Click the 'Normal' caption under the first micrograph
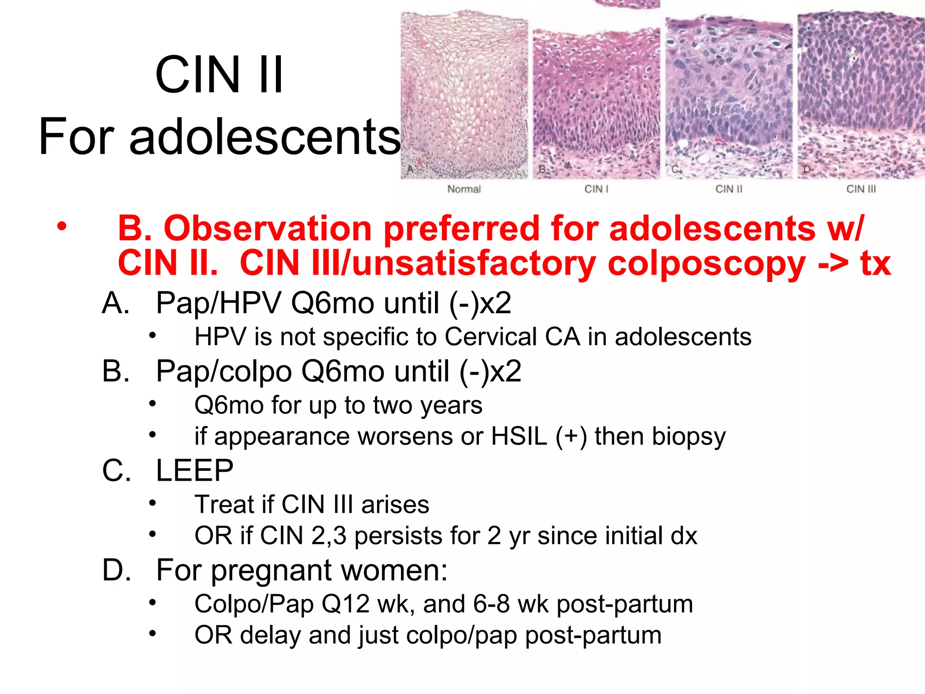(464, 189)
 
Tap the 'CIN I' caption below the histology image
(596, 189)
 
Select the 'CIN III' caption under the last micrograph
(861, 189)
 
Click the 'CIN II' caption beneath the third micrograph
(729, 189)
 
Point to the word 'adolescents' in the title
(265, 136)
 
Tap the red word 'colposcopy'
(706, 263)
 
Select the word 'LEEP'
(195, 470)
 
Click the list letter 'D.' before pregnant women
(117, 570)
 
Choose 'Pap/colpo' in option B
(224, 372)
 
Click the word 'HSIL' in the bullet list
(519, 436)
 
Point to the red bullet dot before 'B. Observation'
(62, 226)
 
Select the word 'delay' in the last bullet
(270, 635)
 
